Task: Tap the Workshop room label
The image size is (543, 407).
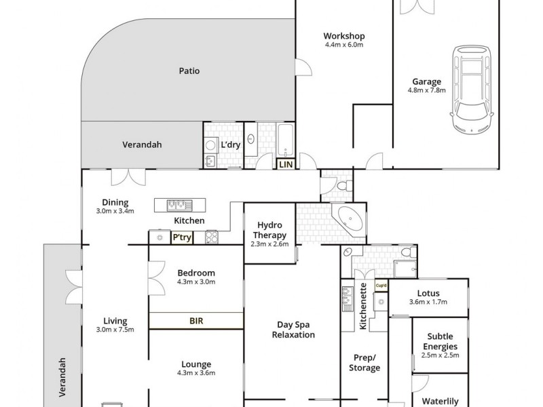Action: click(344, 36)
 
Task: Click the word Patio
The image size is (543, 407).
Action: click(189, 70)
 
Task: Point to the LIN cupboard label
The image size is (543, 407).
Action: click(284, 163)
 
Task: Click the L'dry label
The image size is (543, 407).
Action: click(231, 144)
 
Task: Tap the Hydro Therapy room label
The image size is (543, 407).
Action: click(269, 231)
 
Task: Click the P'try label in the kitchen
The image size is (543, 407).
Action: click(181, 237)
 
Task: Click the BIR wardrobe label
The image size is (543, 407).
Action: click(196, 321)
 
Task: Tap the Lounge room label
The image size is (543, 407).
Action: click(196, 364)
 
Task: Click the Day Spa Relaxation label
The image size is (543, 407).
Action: click(293, 330)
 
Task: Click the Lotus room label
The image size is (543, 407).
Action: click(428, 294)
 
